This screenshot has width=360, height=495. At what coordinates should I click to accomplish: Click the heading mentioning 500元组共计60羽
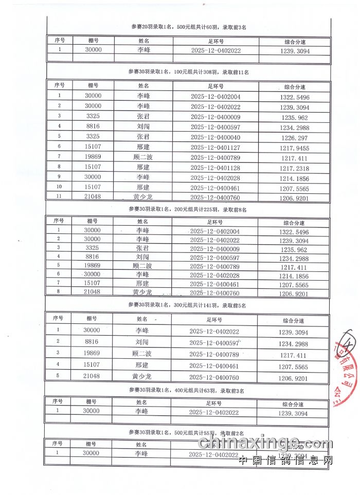pyautogui.click(x=188, y=27)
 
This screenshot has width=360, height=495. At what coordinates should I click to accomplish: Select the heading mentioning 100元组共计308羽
pyautogui.click(x=188, y=71)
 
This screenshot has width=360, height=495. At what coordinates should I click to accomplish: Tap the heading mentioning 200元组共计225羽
pyautogui.click(x=188, y=210)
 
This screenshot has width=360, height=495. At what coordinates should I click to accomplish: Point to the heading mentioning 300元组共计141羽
pyautogui.click(x=188, y=305)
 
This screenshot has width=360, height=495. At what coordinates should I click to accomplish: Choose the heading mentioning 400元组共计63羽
pyautogui.click(x=188, y=391)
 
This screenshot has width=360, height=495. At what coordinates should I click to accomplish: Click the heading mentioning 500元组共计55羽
pyautogui.click(x=188, y=433)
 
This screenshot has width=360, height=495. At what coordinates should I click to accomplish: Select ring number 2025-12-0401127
pyautogui.click(x=215, y=147)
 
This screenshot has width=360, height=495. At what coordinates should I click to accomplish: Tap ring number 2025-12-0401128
pyautogui.click(x=215, y=167)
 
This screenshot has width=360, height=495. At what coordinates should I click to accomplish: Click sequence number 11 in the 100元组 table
pyautogui.click(x=60, y=197)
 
